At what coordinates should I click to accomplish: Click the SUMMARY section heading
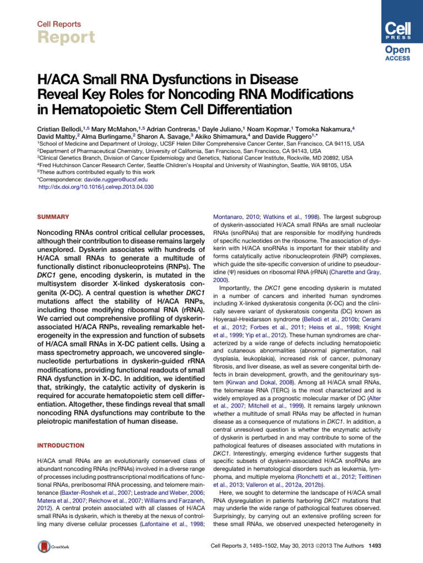click(x=49, y=217)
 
